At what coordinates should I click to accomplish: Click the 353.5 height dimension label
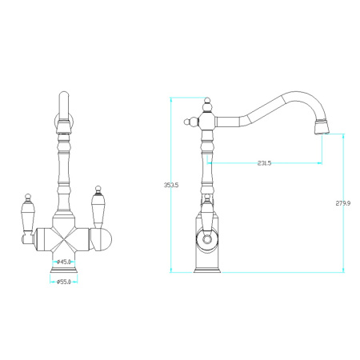[171, 185]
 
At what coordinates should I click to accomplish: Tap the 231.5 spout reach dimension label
[264, 163]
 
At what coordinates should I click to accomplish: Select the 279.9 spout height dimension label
[343, 203]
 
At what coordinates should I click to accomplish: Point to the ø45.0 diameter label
[64, 262]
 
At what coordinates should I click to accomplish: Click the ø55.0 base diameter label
[64, 282]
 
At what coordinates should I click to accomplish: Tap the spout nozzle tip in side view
[322, 127]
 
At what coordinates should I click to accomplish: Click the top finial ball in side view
[207, 101]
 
